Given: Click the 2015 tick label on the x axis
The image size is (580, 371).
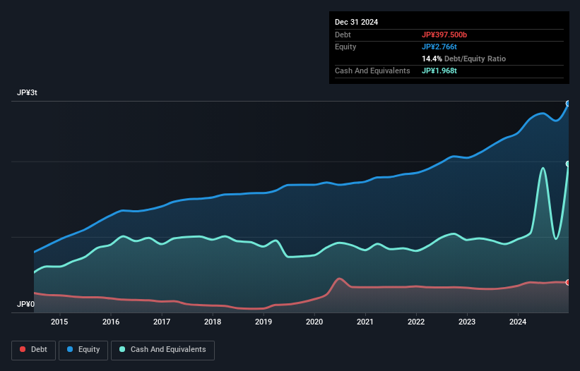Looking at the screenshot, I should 60,322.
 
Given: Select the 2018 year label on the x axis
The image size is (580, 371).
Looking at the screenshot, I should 213,322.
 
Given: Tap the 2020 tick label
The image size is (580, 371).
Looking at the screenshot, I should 314,322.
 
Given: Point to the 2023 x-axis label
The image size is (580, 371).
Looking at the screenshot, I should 467,322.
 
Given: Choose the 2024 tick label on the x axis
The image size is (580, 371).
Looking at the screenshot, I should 518,322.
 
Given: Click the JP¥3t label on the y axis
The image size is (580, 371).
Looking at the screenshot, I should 28,93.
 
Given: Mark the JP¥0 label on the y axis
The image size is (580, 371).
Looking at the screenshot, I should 26,305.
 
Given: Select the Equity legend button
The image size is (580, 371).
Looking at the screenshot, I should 84,349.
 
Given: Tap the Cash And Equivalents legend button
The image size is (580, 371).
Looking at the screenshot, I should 162,349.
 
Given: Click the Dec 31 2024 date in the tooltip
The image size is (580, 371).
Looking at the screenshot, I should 356,22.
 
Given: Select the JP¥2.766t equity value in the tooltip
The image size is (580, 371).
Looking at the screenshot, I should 440,47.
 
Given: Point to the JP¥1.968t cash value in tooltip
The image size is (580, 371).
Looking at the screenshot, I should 440,71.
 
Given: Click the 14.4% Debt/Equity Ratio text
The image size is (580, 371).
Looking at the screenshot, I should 463,59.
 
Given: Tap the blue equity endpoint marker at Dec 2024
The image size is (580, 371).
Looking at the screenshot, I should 567,104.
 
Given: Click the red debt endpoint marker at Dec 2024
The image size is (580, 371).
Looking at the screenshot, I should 567,282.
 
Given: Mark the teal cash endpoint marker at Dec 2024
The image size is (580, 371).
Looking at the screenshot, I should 567,164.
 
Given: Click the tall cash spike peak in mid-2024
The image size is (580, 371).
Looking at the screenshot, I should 543,168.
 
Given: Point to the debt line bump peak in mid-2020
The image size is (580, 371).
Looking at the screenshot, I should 340,279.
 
